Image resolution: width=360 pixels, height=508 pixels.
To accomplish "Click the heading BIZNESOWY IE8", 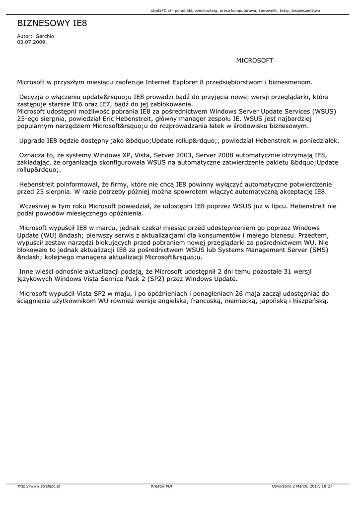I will point(52,23).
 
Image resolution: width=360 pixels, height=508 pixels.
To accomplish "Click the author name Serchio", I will point(45,36).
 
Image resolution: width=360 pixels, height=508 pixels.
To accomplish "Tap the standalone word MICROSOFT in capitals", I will point(254,61).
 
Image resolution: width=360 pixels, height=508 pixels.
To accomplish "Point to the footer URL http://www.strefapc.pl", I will point(39,486).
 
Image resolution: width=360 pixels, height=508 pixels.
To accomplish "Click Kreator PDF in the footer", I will point(162,486).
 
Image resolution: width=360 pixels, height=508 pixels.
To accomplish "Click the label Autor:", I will point(24,36).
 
